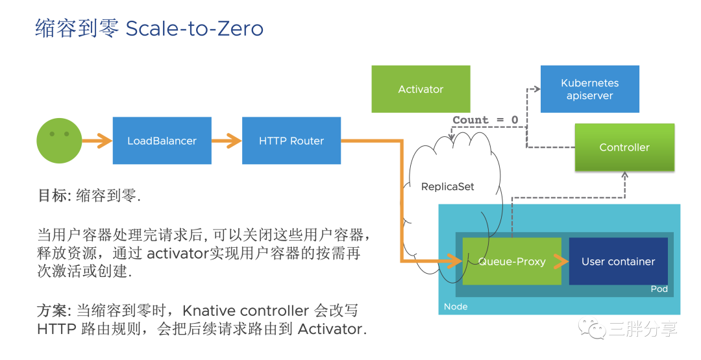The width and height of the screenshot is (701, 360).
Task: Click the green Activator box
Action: point(421,89)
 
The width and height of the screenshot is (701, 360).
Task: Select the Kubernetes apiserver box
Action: point(589,89)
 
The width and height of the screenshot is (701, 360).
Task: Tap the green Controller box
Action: point(624,147)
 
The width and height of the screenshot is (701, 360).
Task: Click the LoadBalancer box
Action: point(162,141)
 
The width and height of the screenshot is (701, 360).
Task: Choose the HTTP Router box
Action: point(291,141)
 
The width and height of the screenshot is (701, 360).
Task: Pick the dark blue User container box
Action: point(619,261)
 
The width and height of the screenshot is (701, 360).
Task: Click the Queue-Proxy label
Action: point(512,262)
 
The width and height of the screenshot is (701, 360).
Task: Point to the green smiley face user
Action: point(59,141)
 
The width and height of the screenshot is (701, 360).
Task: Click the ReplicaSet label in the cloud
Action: point(447,187)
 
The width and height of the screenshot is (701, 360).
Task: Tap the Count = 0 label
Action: point(486,120)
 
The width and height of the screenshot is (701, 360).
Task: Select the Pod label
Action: point(659,289)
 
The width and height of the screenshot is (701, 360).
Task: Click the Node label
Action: point(456,306)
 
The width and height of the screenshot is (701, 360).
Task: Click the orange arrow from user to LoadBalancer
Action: point(97,141)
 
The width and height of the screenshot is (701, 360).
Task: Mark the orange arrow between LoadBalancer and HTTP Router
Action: point(227,141)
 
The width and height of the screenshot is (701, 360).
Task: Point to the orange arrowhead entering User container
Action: point(561,261)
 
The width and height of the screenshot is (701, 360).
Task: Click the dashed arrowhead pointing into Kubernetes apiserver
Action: point(537,90)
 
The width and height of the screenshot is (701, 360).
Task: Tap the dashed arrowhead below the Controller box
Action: point(624,176)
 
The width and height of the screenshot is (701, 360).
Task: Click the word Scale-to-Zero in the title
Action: point(195,29)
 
